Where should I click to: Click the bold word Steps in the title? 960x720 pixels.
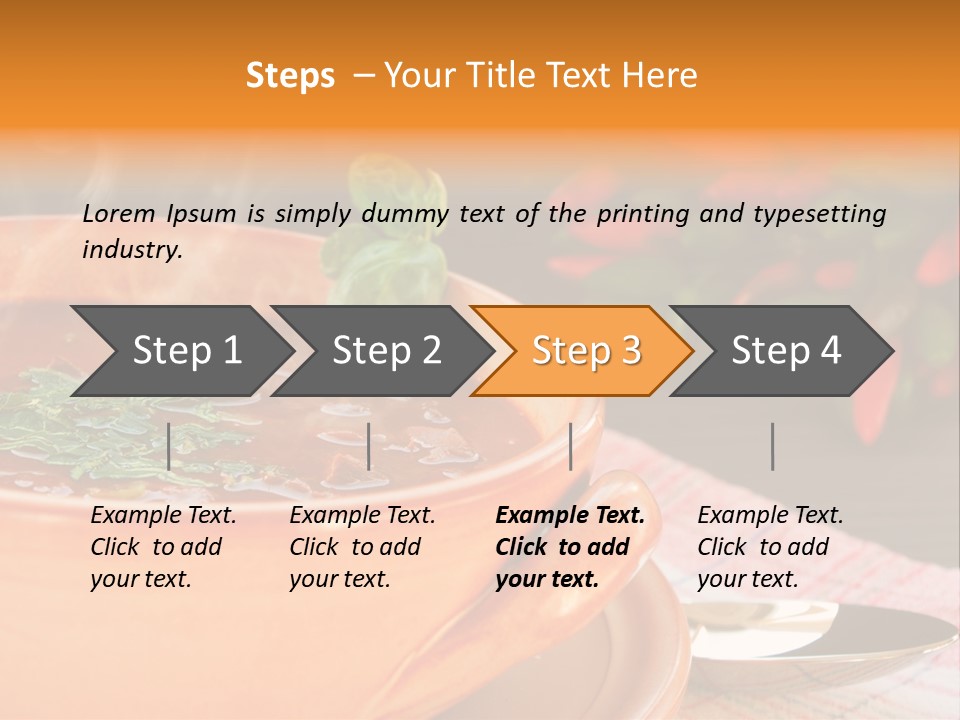pos(290,76)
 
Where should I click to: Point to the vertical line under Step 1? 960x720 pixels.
pos(169,446)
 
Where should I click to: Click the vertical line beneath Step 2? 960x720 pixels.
pos(369,446)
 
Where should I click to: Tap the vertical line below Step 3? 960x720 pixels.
pos(570,446)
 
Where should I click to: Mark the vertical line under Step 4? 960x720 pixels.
pos(772,446)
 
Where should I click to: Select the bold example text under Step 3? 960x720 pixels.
pos(570,547)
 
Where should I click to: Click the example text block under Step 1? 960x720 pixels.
pos(163,547)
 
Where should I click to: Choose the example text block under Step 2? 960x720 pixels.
pos(362,547)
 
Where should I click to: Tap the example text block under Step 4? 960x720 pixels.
pos(770,547)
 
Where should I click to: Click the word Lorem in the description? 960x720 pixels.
pos(119,213)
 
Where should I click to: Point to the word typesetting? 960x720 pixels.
pos(819,213)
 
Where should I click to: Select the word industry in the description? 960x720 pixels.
pos(132,249)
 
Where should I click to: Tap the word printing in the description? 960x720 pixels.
pos(642,213)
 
